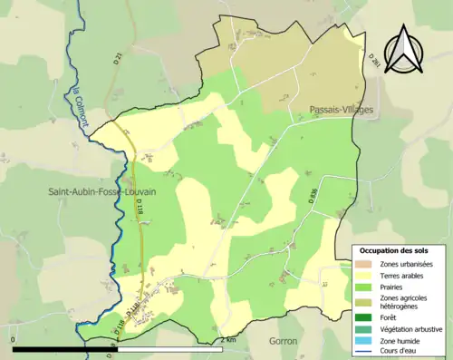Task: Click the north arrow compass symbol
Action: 403,46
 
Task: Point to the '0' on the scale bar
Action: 14,340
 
